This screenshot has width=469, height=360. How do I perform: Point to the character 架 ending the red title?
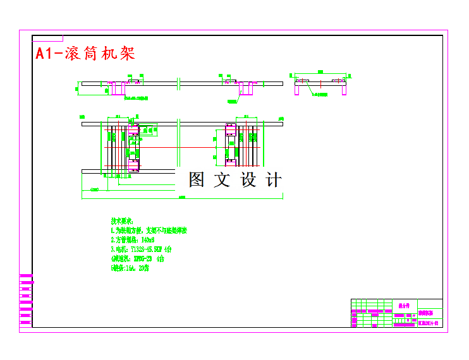click(x=127, y=54)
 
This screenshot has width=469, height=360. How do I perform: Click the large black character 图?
click(x=197, y=180)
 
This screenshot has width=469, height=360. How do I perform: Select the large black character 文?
click(x=222, y=180)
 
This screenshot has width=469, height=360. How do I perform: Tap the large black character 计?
click(x=273, y=180)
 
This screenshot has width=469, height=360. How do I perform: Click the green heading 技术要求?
click(x=122, y=221)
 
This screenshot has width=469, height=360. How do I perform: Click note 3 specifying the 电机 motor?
click(x=142, y=249)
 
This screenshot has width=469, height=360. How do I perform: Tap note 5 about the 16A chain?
click(x=130, y=268)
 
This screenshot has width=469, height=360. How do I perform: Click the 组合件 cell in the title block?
click(x=404, y=304)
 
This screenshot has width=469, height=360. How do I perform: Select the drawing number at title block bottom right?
click(x=429, y=323)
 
